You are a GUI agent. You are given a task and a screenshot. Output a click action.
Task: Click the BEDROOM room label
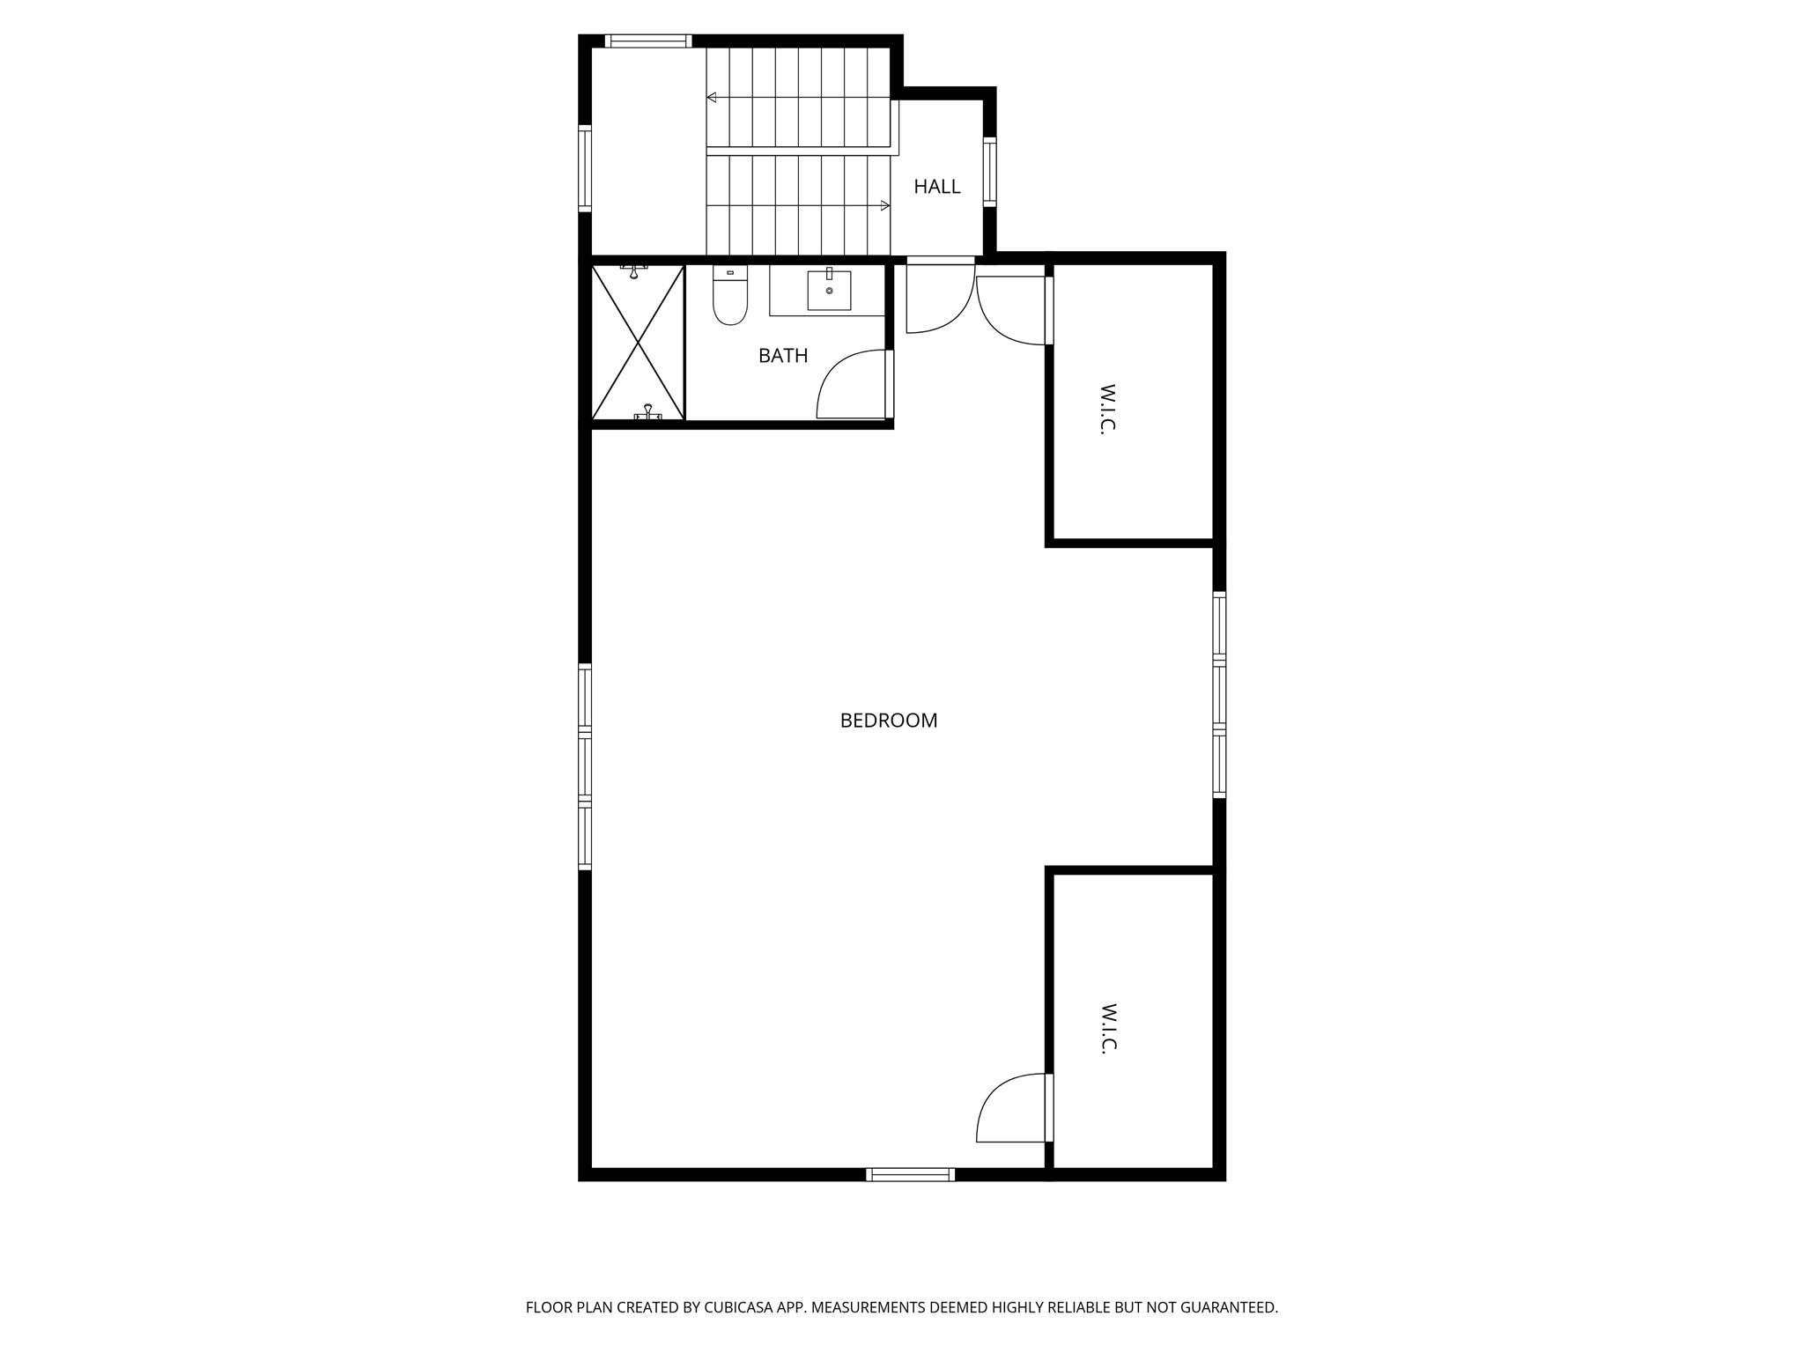[x=888, y=721]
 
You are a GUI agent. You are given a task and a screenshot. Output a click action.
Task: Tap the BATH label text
[x=782, y=356]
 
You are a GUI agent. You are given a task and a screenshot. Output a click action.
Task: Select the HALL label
[x=936, y=187]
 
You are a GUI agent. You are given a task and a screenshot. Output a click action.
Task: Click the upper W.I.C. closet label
[x=1108, y=409]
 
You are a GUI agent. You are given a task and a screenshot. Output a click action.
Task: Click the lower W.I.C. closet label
[x=1108, y=1028]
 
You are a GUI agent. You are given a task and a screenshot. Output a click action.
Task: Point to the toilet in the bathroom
[x=729, y=297]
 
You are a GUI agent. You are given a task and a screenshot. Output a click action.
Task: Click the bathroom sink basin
[x=829, y=291]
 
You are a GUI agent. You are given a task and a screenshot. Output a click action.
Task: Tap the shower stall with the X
[x=638, y=342]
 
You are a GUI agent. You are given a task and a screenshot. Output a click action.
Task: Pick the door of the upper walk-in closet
[x=1013, y=310]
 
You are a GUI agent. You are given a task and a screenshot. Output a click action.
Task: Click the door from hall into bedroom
[x=939, y=298]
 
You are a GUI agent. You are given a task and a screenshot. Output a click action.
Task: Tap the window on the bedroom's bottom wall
[x=910, y=1174]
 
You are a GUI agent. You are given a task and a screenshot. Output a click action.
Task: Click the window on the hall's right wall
[x=989, y=172]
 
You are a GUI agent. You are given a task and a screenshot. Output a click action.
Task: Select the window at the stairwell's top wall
[x=647, y=41]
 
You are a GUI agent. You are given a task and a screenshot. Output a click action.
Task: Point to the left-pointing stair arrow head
[x=711, y=98]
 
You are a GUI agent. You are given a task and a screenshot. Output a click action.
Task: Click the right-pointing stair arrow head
[x=885, y=206]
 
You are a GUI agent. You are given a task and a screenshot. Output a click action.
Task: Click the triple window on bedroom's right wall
[x=1219, y=694]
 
